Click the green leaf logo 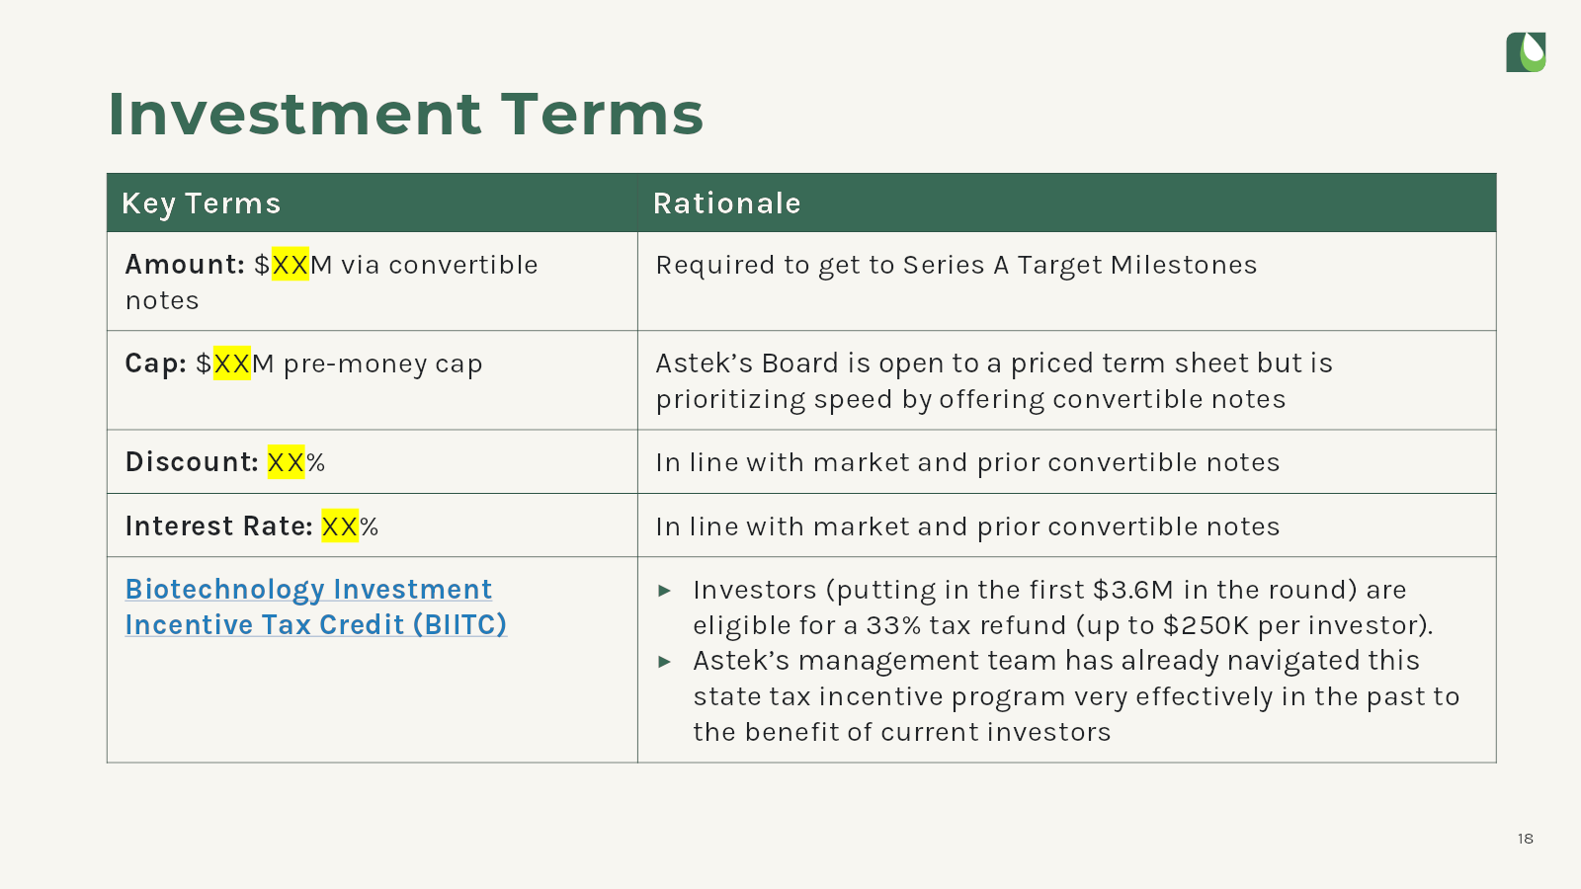(1526, 52)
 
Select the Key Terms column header (202, 203)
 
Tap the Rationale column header (727, 203)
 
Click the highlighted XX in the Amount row (291, 264)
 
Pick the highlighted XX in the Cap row (231, 364)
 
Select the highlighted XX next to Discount (286, 462)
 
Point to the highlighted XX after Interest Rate (340, 526)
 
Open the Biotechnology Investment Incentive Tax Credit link (316, 606)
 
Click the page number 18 (1526, 839)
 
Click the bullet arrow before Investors (664, 591)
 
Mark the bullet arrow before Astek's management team (664, 662)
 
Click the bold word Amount (185, 265)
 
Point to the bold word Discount (192, 462)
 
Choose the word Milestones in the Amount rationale (1184, 265)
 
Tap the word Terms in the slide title (603, 114)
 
